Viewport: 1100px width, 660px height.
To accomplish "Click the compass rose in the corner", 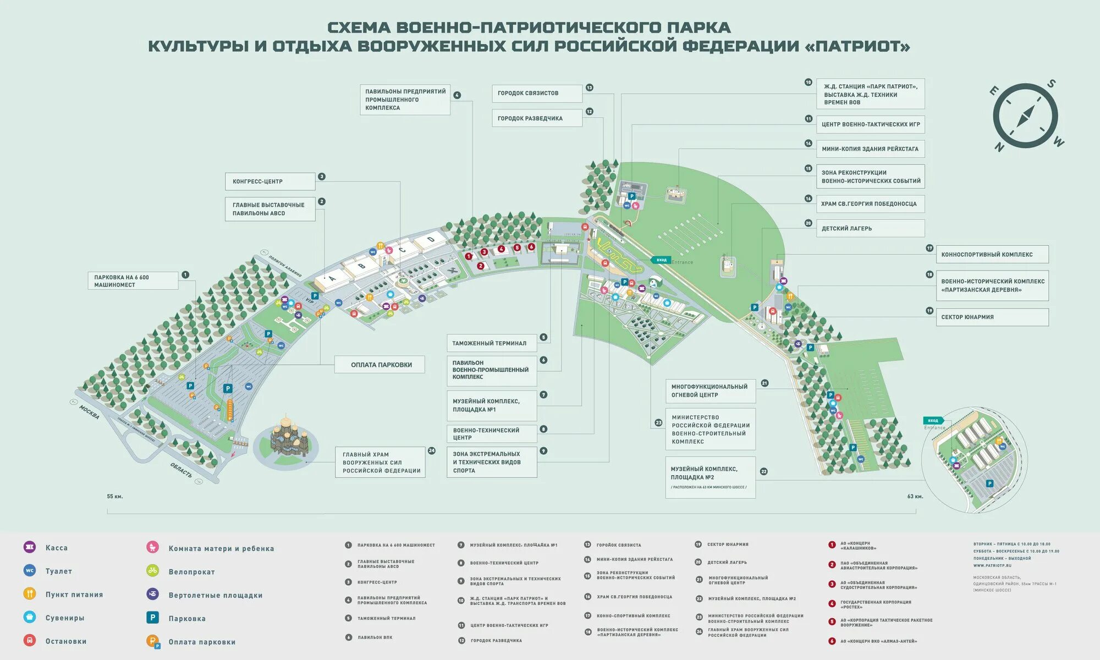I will point(1026,116).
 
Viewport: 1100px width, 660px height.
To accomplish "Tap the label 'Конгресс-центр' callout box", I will point(270,182).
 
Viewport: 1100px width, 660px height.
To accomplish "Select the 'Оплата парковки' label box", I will point(380,365).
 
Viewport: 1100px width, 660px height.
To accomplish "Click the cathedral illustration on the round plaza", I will point(285,437).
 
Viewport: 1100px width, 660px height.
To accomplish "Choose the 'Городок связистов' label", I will point(536,94).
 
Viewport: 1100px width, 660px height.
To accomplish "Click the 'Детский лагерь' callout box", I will point(870,228).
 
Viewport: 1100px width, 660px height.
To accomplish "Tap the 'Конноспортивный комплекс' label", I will point(992,255).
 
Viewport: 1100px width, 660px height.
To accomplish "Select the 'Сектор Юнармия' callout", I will point(992,317).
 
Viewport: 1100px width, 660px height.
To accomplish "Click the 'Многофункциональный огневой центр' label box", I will point(710,391).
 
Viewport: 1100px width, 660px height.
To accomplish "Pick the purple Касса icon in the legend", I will point(30,547).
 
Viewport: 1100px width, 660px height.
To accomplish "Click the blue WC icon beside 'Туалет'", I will point(30,570).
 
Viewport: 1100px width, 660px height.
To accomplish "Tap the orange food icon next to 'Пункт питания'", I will point(30,593).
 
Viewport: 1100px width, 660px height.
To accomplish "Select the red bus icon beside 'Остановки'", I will point(30,640).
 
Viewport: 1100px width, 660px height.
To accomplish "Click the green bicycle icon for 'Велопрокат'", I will point(152,571).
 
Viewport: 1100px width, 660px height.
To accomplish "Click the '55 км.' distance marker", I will point(115,497).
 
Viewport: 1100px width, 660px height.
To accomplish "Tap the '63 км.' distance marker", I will point(915,497).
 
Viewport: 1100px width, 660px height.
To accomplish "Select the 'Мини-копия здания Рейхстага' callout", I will point(870,149).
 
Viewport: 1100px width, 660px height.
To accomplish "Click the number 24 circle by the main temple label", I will point(432,451).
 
